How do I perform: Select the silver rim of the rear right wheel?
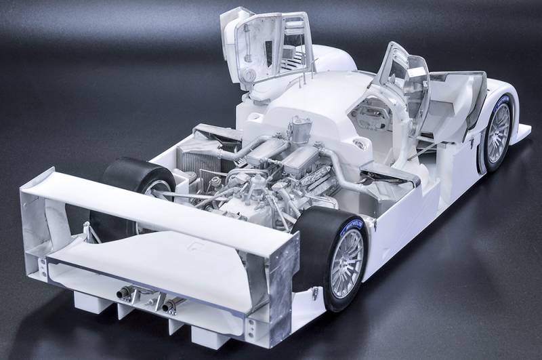click(347, 264)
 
